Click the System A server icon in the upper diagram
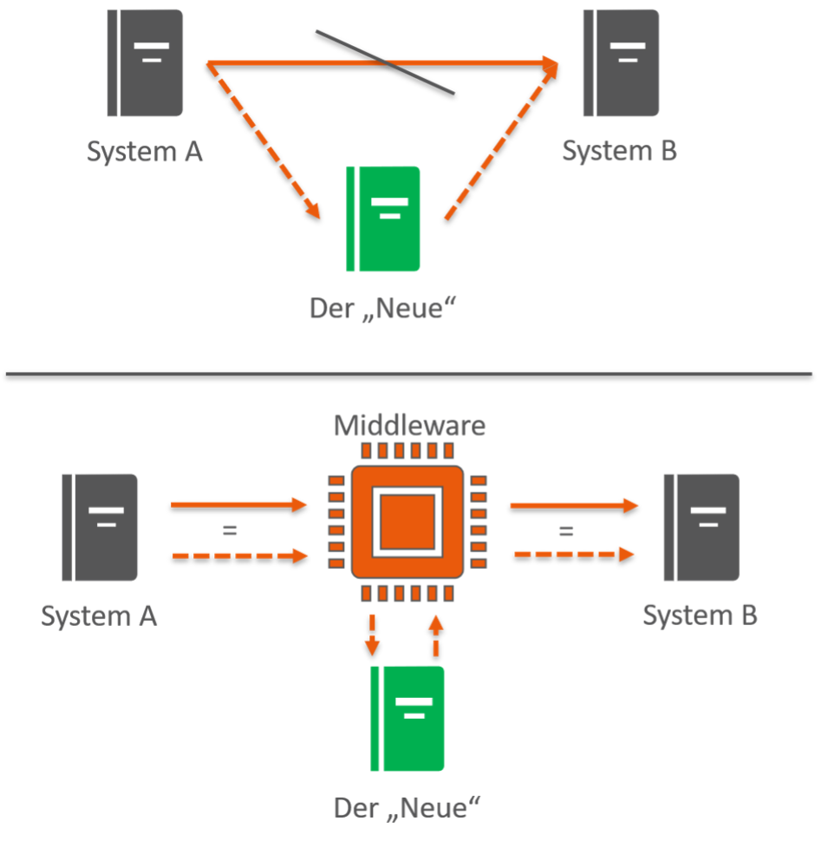[145, 62]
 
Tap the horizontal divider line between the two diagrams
[410, 375]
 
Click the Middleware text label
[409, 427]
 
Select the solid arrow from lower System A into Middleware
[239, 504]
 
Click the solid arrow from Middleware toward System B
[572, 505]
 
